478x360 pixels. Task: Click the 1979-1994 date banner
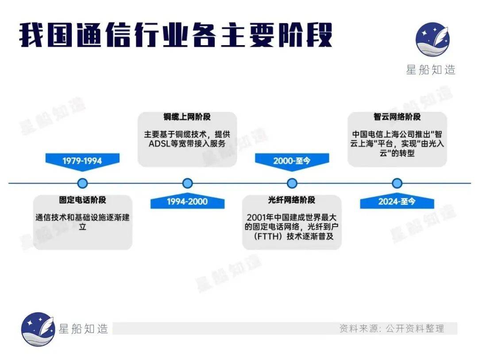pos(82,161)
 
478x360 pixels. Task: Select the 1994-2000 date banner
pos(187,202)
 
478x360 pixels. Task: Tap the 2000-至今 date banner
pos(292,161)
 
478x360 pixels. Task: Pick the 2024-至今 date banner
pos(397,202)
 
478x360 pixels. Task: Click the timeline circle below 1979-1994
pos(82,183)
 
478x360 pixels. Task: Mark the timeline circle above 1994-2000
pos(187,183)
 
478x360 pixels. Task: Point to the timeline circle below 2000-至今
pos(292,183)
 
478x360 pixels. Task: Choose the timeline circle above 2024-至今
pos(397,183)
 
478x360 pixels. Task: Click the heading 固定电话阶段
pos(83,200)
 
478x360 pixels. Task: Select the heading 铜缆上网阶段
pos(187,117)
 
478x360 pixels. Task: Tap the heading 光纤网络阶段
pos(292,200)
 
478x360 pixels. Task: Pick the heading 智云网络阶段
pos(397,117)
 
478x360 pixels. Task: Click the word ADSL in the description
pos(159,144)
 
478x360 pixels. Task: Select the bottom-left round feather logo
pos(38,329)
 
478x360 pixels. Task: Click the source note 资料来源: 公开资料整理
pos(391,329)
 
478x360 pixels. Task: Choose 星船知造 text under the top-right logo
pos(431,70)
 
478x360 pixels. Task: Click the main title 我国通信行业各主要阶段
pos(176,35)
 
